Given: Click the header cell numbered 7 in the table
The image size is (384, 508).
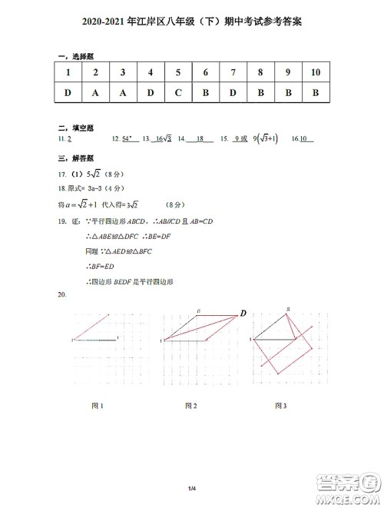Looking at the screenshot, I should click(233, 72).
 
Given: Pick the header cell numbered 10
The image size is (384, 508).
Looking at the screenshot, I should click(316, 72).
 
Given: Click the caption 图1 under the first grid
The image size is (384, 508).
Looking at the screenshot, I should click(97, 405).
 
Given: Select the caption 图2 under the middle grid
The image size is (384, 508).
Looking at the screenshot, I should click(190, 405).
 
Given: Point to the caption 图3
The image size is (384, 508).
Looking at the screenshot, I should click(281, 405).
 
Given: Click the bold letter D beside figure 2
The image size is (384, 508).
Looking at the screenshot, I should click(243, 313).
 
